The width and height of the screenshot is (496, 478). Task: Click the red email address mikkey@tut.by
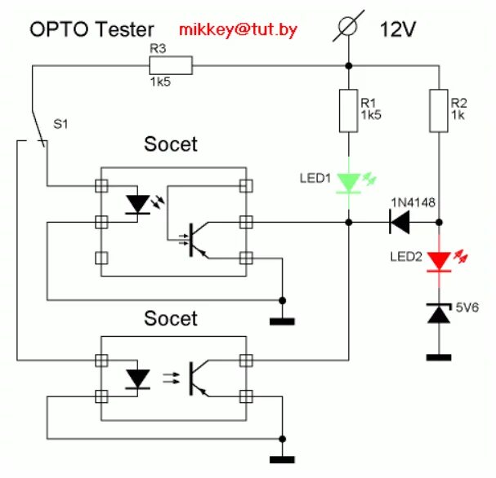tap(238, 29)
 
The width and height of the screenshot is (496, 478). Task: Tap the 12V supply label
tap(398, 29)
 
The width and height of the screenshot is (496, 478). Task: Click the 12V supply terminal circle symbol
tap(348, 26)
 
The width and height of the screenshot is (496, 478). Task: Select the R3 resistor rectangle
tap(171, 65)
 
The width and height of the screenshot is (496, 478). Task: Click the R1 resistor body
tap(349, 111)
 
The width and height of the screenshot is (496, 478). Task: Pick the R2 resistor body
tap(439, 111)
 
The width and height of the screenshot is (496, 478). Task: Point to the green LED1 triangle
tap(349, 183)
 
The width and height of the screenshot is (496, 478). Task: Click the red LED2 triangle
tap(439, 262)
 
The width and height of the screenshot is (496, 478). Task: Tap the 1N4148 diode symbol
tap(400, 222)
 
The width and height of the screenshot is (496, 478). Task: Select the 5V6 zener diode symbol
tap(439, 313)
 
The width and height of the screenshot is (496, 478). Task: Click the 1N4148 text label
tap(413, 202)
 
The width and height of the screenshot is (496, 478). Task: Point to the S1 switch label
tap(60, 124)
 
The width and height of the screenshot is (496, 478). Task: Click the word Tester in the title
tap(124, 29)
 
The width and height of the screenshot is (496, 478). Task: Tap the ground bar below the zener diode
tap(439, 357)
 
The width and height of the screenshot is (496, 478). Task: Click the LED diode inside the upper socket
tap(137, 205)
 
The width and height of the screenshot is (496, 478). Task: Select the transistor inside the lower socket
tap(199, 378)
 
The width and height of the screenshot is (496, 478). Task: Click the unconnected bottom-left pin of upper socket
tap(101, 258)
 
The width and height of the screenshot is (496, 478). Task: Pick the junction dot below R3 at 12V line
tap(349, 66)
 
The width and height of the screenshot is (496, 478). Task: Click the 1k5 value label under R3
tap(160, 82)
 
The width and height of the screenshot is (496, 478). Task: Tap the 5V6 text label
tap(467, 308)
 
